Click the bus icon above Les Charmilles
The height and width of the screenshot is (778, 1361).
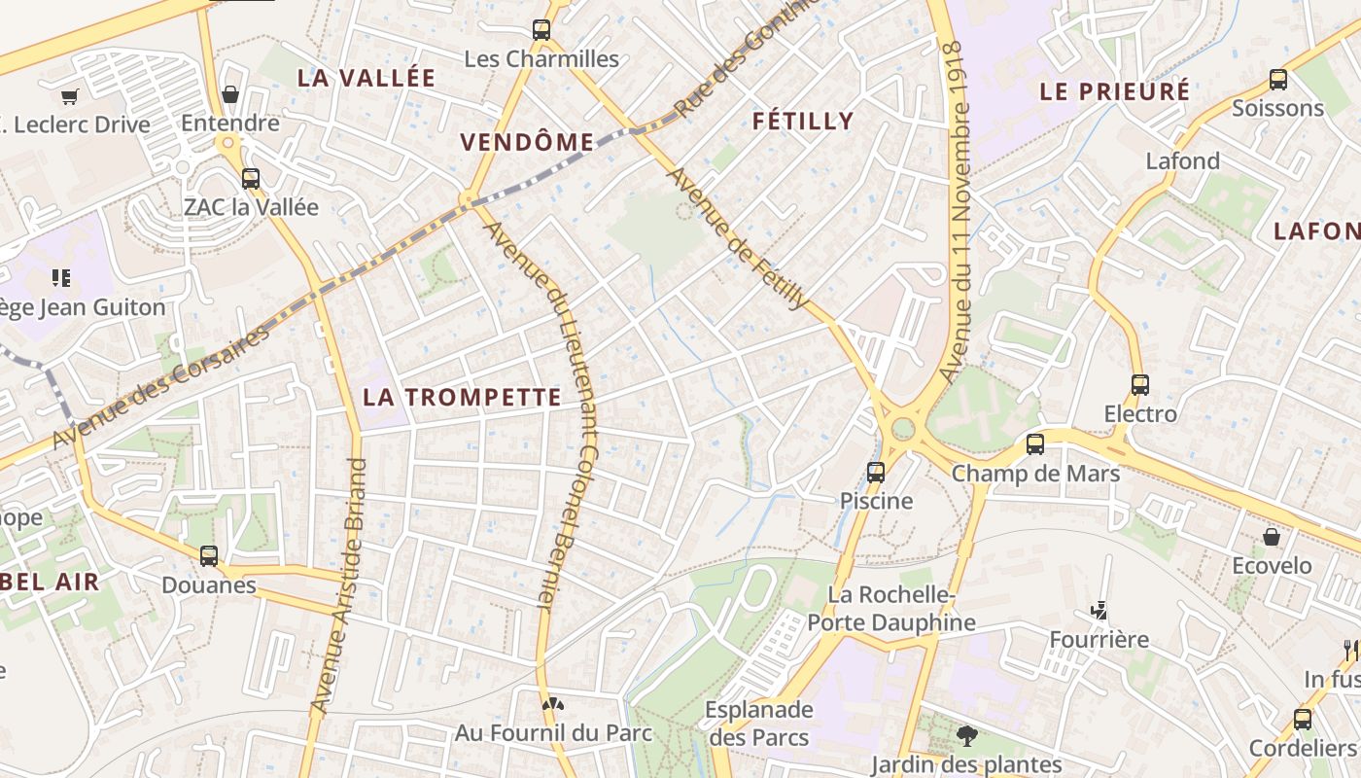(541, 30)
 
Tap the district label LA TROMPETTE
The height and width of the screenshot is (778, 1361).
(462, 397)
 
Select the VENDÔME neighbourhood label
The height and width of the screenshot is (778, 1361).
(527, 142)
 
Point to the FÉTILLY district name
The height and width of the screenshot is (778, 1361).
(803, 121)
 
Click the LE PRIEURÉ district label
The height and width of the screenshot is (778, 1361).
(1115, 91)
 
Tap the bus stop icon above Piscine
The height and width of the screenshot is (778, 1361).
(876, 473)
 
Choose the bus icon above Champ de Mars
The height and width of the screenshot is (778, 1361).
(1035, 444)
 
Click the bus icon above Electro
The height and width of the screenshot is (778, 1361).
(1140, 385)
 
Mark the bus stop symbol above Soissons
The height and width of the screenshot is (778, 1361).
(1278, 80)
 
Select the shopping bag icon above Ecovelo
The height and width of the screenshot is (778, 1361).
(1272, 537)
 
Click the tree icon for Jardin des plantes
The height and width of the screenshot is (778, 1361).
(966, 736)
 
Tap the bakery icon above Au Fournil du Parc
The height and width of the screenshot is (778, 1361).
(553, 704)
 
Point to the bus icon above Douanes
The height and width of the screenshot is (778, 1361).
(209, 556)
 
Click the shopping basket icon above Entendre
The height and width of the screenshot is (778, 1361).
(230, 94)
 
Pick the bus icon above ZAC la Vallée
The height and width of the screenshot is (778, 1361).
(251, 179)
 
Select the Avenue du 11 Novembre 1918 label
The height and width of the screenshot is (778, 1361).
(958, 210)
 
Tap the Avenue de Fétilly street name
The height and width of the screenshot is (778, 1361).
(738, 238)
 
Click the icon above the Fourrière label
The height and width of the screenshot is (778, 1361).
(1099, 612)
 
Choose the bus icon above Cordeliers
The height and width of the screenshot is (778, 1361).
(1302, 720)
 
